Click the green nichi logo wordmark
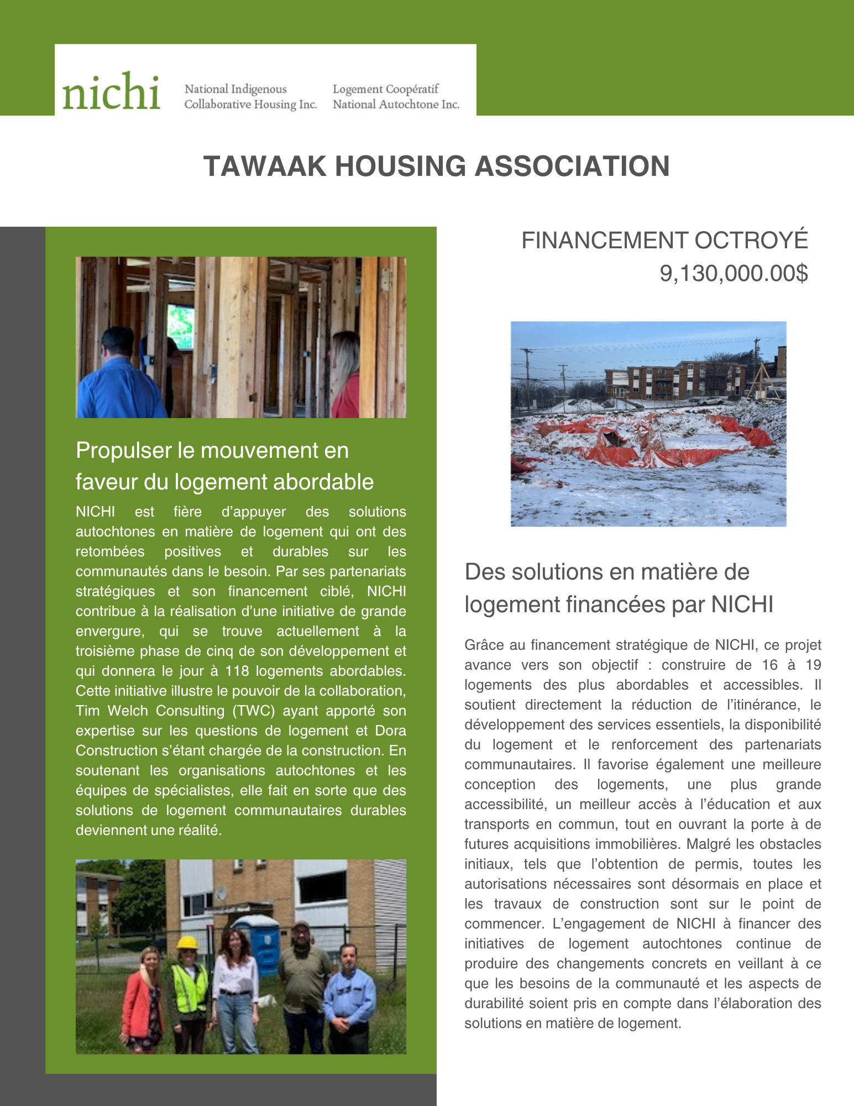click(111, 92)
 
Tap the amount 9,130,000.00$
click(734, 273)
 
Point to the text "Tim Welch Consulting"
click(150, 711)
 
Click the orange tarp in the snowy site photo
click(652, 451)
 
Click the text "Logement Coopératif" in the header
click(385, 89)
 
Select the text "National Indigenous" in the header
click(235, 89)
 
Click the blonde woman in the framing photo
click(345, 376)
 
